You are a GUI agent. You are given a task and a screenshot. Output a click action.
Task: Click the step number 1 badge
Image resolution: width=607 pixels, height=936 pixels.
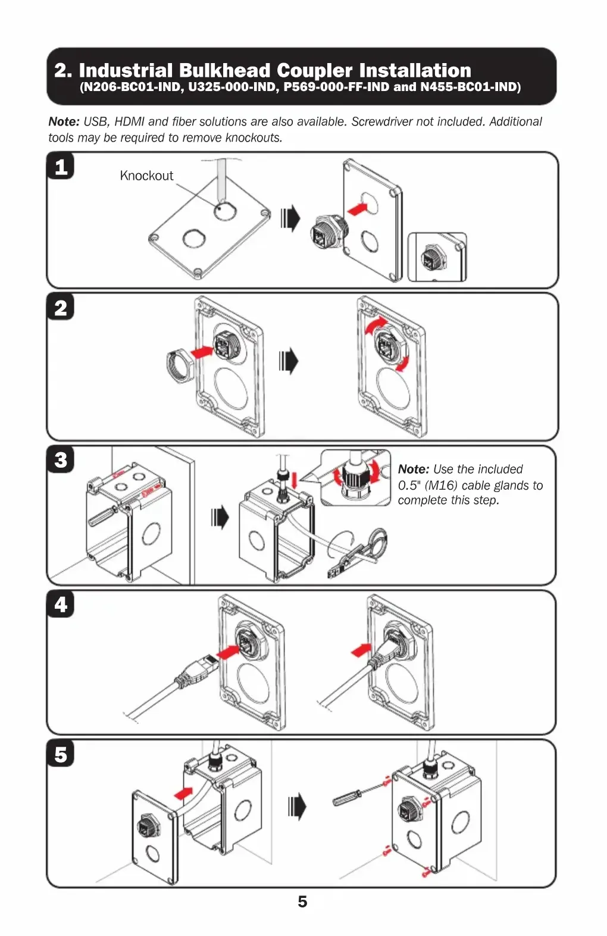61,167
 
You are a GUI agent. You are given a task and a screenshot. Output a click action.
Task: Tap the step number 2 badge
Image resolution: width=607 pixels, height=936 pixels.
61,307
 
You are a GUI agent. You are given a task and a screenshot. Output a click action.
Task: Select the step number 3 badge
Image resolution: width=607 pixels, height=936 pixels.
61,459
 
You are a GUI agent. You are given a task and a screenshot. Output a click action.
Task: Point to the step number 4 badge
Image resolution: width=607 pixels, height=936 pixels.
61,605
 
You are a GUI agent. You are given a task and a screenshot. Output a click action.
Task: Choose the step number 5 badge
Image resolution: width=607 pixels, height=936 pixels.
61,755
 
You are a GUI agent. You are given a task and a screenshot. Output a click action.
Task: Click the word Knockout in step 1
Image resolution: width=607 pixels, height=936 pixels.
146,176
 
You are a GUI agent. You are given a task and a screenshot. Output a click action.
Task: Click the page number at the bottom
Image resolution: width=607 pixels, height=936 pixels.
302,901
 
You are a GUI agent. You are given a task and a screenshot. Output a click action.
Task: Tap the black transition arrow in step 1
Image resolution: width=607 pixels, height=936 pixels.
290,218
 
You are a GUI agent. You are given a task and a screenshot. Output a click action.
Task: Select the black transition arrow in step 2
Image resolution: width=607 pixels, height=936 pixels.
289,361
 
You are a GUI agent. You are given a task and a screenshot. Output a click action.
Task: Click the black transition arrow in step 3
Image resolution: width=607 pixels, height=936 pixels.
220,517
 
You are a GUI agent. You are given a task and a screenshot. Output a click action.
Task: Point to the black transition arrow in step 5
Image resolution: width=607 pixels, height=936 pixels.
297,807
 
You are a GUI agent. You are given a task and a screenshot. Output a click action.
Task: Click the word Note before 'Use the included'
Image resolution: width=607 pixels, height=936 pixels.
414,469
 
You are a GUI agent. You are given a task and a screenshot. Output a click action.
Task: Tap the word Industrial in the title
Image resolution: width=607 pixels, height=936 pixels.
126,70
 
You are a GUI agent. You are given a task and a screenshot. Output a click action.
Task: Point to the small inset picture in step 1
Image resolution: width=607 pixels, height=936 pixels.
437,257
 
